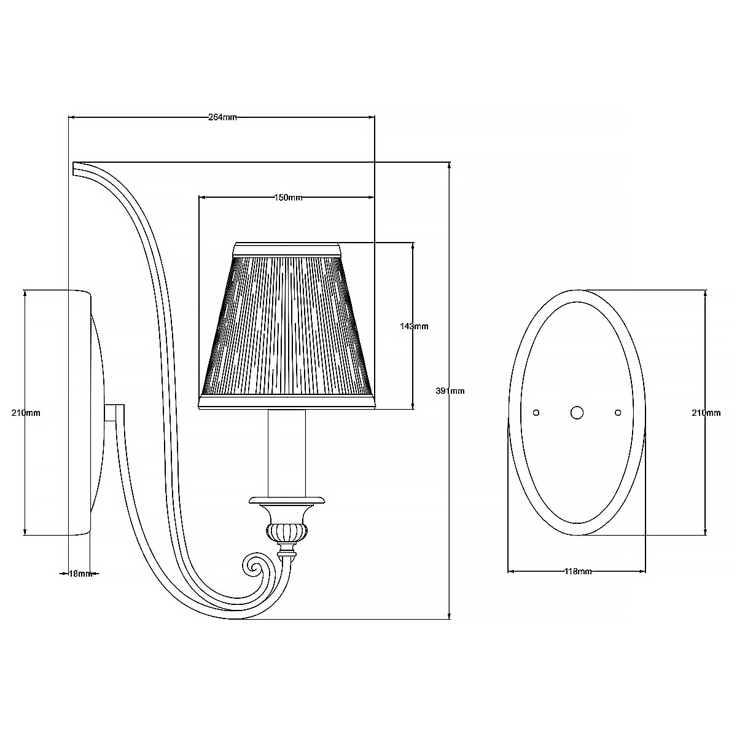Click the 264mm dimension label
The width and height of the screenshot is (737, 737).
222,117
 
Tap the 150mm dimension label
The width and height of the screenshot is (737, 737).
289,198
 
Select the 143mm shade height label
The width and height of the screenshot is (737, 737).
414,326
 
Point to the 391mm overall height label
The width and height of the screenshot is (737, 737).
450,391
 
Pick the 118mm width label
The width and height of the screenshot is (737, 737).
578,582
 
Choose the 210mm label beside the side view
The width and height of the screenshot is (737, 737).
26,413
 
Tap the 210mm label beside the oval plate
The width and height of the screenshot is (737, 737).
706,413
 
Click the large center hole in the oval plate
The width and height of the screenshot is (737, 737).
577,413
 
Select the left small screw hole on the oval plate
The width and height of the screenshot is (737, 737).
536,413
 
